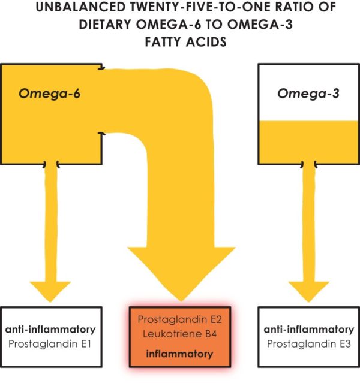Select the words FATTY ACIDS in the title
coord(179,44)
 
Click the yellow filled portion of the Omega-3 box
coord(305,141)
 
